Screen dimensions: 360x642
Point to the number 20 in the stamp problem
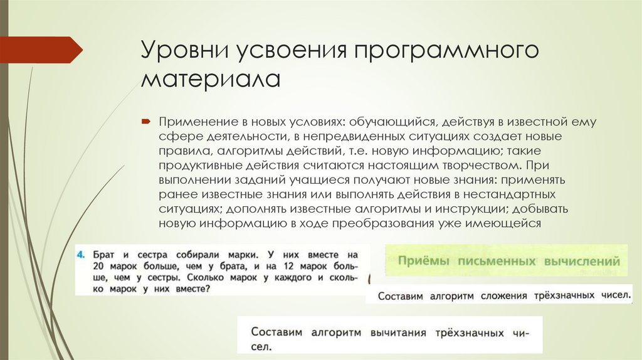click(x=98, y=267)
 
